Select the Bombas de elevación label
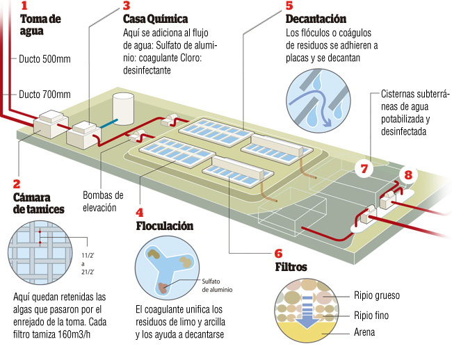click(x=103, y=200)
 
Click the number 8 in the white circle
click(x=408, y=175)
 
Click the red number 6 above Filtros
click(x=279, y=254)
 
